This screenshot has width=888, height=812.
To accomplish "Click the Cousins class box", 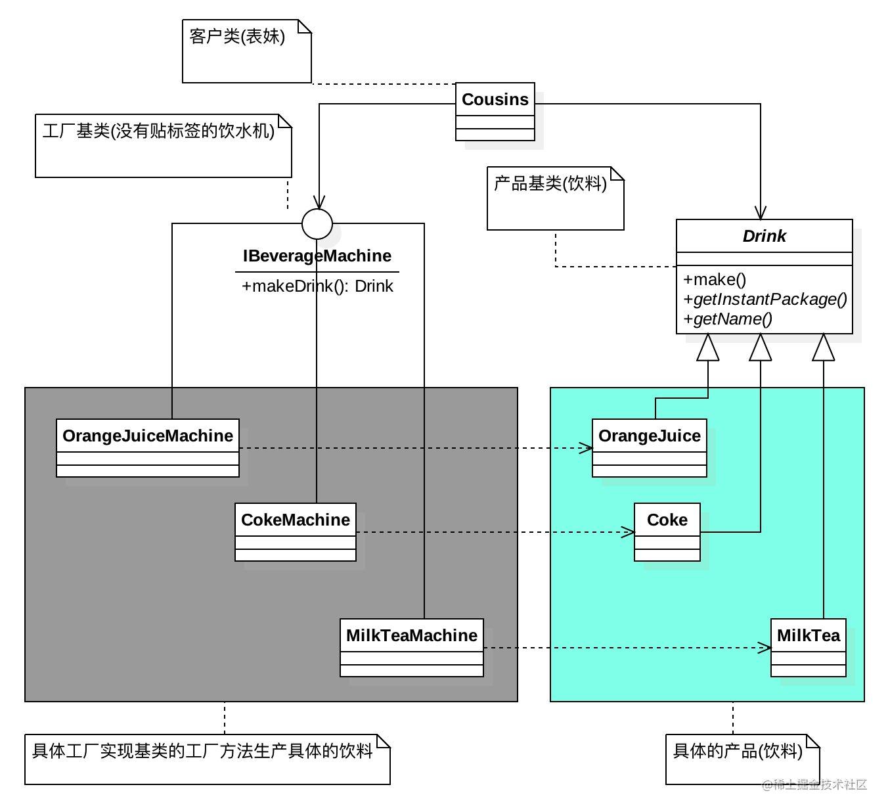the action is click(x=495, y=112).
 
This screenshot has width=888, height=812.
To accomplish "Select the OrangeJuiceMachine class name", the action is click(x=147, y=436).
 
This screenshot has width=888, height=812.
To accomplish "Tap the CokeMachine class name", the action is click(x=296, y=520).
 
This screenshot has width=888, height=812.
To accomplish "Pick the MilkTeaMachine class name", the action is click(x=412, y=635).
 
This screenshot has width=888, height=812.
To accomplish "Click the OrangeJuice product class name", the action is click(x=650, y=436).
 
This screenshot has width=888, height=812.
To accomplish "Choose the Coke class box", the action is click(x=667, y=532).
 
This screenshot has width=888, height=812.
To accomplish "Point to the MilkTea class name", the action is click(x=809, y=635).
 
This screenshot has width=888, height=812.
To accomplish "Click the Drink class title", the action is click(x=765, y=236).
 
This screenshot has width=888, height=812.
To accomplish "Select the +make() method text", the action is click(x=715, y=279).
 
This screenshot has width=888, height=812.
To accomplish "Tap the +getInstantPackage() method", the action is click(x=765, y=300).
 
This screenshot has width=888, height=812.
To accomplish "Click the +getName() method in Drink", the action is click(x=728, y=319).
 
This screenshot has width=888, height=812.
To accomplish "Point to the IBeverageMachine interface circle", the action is click(x=317, y=224).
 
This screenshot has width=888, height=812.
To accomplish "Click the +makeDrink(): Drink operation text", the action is click(x=317, y=286).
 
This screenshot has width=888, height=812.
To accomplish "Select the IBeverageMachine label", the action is click(x=317, y=256).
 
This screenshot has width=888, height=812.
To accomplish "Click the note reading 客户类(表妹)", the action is click(x=246, y=51).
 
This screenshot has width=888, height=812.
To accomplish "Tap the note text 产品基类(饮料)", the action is click(x=550, y=183).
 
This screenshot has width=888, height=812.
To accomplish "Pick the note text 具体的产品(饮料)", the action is click(x=738, y=751).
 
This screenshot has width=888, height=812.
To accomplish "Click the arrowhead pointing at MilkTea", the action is click(x=764, y=648).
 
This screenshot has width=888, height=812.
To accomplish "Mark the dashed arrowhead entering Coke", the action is click(x=628, y=532).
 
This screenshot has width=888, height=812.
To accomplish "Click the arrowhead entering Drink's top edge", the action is click(x=761, y=213).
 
